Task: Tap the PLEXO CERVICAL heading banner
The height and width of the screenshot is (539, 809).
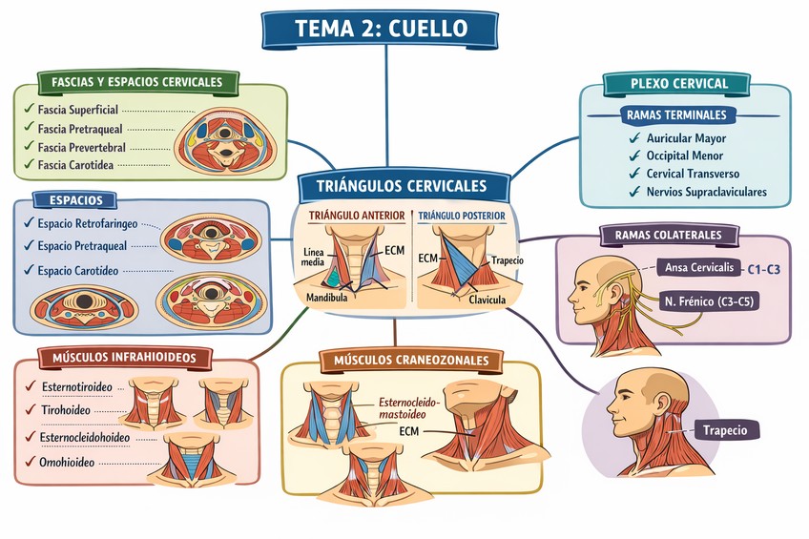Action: pyautogui.click(x=678, y=83)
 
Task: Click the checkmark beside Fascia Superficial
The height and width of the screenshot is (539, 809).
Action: pyautogui.click(x=29, y=110)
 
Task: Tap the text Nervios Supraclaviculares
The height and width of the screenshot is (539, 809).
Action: pyautogui.click(x=707, y=192)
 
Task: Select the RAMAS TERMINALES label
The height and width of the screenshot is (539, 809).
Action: pyautogui.click(x=677, y=114)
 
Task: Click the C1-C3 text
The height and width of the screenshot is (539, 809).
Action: pyautogui.click(x=763, y=270)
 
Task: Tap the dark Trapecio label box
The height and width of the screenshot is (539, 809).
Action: pyautogui.click(x=726, y=429)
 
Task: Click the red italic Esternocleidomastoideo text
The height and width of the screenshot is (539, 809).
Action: pyautogui.click(x=409, y=408)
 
